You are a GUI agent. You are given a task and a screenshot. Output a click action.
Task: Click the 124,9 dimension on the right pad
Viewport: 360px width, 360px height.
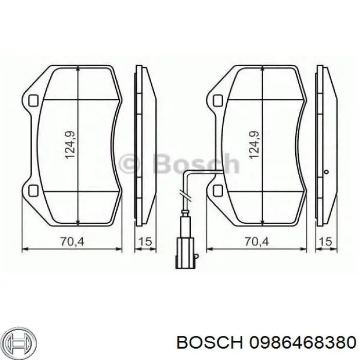254,145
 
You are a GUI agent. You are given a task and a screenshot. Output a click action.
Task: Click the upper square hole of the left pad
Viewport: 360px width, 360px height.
33,100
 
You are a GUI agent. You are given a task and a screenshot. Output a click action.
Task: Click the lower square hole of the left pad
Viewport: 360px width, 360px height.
33,191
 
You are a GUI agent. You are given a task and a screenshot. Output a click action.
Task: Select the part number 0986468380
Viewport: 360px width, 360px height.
302,341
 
